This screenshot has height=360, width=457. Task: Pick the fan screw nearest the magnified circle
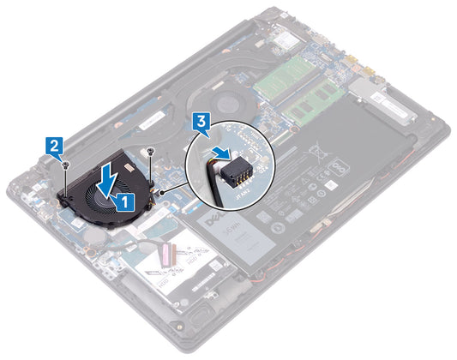click(150, 154)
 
